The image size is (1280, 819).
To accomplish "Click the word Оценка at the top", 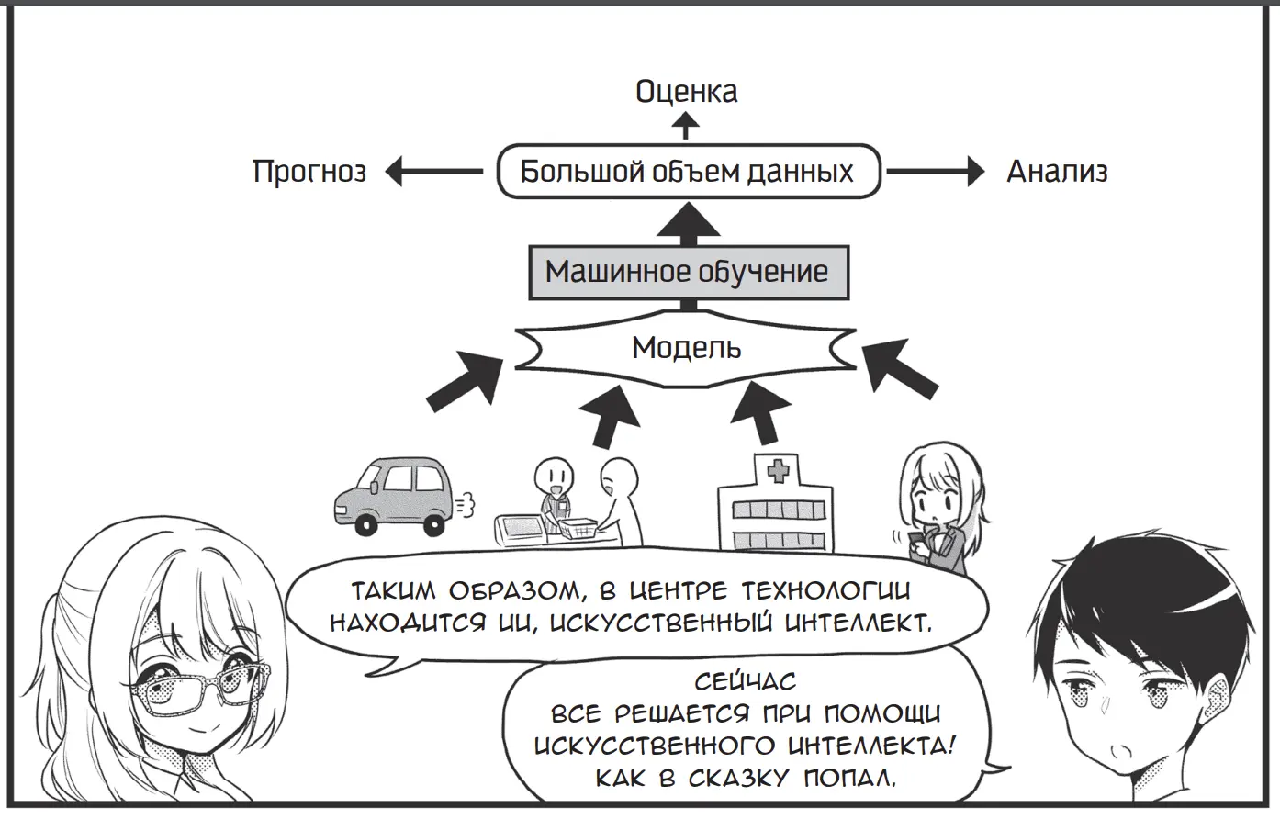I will coord(686,92).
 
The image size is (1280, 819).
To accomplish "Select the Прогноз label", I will coord(309,172).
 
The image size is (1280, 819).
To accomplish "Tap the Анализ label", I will coord(1057,172).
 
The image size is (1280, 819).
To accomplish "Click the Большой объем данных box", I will coord(688,172).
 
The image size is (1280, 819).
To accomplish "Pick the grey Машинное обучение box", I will coord(688,272).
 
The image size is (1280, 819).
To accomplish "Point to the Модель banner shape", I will coord(686,349).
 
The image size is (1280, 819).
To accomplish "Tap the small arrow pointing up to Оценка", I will coord(686,126).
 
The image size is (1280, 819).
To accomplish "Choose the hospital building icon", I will coord(776,510).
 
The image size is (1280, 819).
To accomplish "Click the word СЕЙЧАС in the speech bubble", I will coord(746,683).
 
